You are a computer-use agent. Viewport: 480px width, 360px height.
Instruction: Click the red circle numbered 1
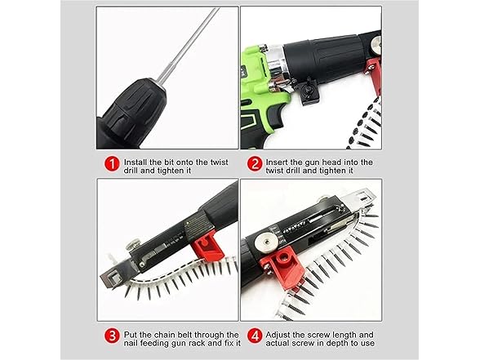[x=113, y=164]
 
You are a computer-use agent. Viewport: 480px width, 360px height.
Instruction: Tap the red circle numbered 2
[x=255, y=164]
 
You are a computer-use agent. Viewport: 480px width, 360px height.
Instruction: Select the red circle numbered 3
[x=113, y=336]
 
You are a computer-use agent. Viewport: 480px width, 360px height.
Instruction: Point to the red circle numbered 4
[x=255, y=336]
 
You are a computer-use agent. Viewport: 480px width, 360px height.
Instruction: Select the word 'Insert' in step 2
[x=277, y=162]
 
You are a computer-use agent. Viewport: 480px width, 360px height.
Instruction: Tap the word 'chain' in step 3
[x=165, y=335]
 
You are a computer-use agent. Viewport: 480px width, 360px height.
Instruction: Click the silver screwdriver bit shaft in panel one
[x=189, y=46]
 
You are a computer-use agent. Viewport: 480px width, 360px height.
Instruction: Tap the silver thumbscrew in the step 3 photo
[x=134, y=245]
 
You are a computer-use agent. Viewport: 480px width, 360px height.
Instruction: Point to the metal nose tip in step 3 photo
[x=111, y=278]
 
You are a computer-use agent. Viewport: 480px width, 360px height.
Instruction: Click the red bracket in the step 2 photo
[x=374, y=77]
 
